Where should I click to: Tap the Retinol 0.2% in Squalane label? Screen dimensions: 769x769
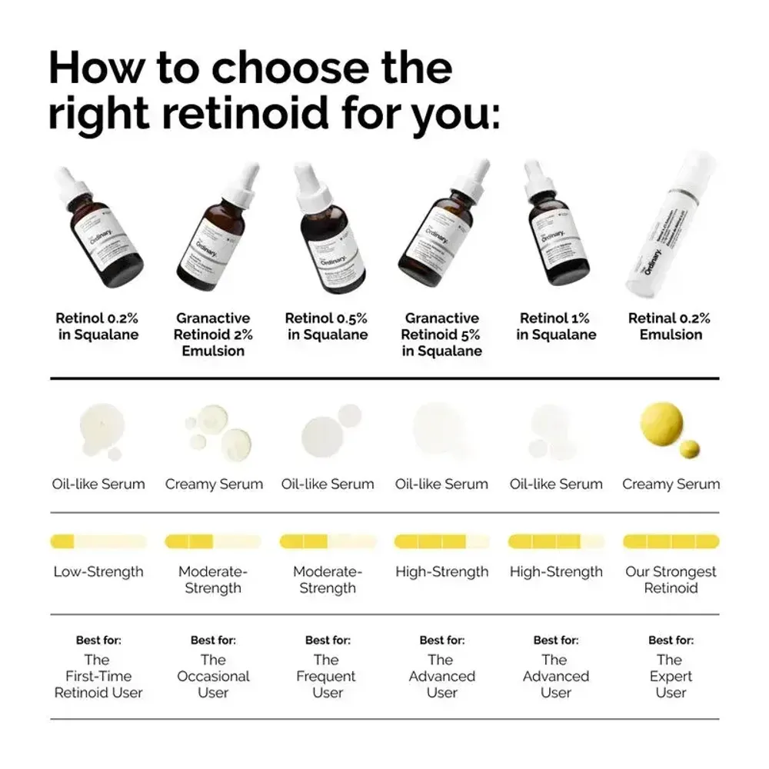point(98,326)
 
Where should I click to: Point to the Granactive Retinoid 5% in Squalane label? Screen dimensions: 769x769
point(441,335)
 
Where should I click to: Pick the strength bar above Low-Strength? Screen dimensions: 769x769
point(98,541)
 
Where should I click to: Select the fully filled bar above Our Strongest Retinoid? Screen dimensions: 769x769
point(671,541)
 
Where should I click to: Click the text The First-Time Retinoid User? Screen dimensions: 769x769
point(98,676)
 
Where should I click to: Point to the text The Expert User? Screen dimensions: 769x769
point(670,676)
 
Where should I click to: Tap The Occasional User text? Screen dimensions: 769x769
point(213,676)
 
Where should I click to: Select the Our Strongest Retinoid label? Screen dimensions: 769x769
point(671,580)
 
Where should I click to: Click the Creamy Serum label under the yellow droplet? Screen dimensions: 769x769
point(671,484)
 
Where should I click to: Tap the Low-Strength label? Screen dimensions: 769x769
point(98,572)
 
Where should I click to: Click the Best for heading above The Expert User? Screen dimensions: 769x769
point(671,640)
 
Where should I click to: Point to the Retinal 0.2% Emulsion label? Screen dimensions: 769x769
point(669,326)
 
